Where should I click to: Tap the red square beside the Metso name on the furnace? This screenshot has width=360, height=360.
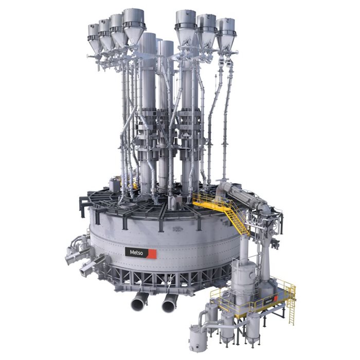(152, 253)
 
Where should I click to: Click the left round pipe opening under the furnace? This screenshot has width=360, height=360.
(138, 304)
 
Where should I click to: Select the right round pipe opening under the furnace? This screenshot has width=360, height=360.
(168, 306)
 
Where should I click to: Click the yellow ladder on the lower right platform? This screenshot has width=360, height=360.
(291, 311)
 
